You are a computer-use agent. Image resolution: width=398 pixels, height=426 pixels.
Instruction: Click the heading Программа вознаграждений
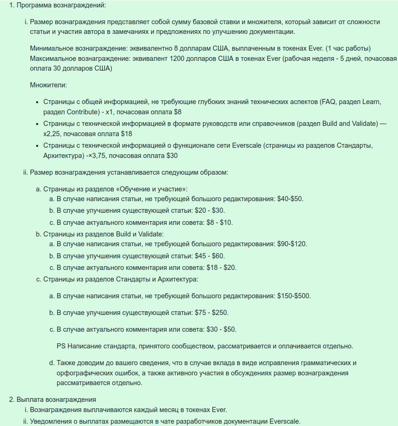coord(61,6)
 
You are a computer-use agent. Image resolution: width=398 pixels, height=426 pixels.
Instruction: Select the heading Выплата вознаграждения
coord(56,400)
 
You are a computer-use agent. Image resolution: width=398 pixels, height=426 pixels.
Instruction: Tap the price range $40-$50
coord(290,199)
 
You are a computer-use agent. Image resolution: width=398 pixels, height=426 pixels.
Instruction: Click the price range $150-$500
coord(294,296)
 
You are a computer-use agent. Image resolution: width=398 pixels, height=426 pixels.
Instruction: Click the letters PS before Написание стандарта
coord(61,347)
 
